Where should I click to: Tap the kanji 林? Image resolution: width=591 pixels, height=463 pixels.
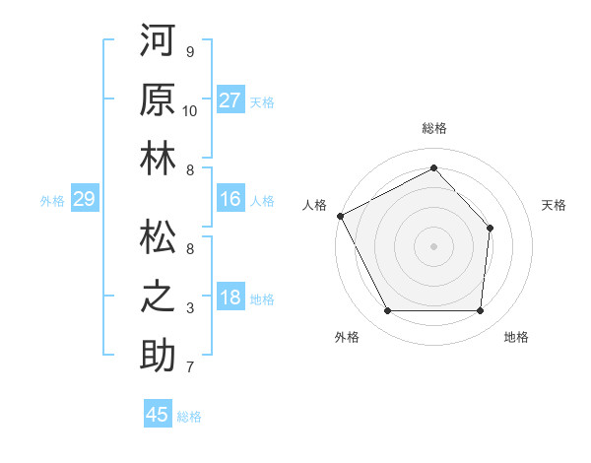159,162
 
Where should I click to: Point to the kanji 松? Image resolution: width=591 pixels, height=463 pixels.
159,237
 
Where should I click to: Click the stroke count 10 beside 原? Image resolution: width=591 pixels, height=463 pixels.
190,111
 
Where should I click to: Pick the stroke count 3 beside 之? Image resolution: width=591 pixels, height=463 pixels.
190,308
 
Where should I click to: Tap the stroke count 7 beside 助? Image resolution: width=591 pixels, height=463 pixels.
190,367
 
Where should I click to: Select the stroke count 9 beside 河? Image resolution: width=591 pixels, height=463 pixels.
190,52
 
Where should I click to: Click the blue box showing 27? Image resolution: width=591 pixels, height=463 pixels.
230,100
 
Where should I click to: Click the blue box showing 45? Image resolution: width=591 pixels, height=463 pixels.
158,415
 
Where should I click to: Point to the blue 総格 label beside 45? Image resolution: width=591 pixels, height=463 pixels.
189,417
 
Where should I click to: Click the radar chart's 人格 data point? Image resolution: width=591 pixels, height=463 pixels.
340,215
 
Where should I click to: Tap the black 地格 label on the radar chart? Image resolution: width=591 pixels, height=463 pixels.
516,337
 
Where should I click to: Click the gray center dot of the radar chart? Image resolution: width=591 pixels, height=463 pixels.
433,245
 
